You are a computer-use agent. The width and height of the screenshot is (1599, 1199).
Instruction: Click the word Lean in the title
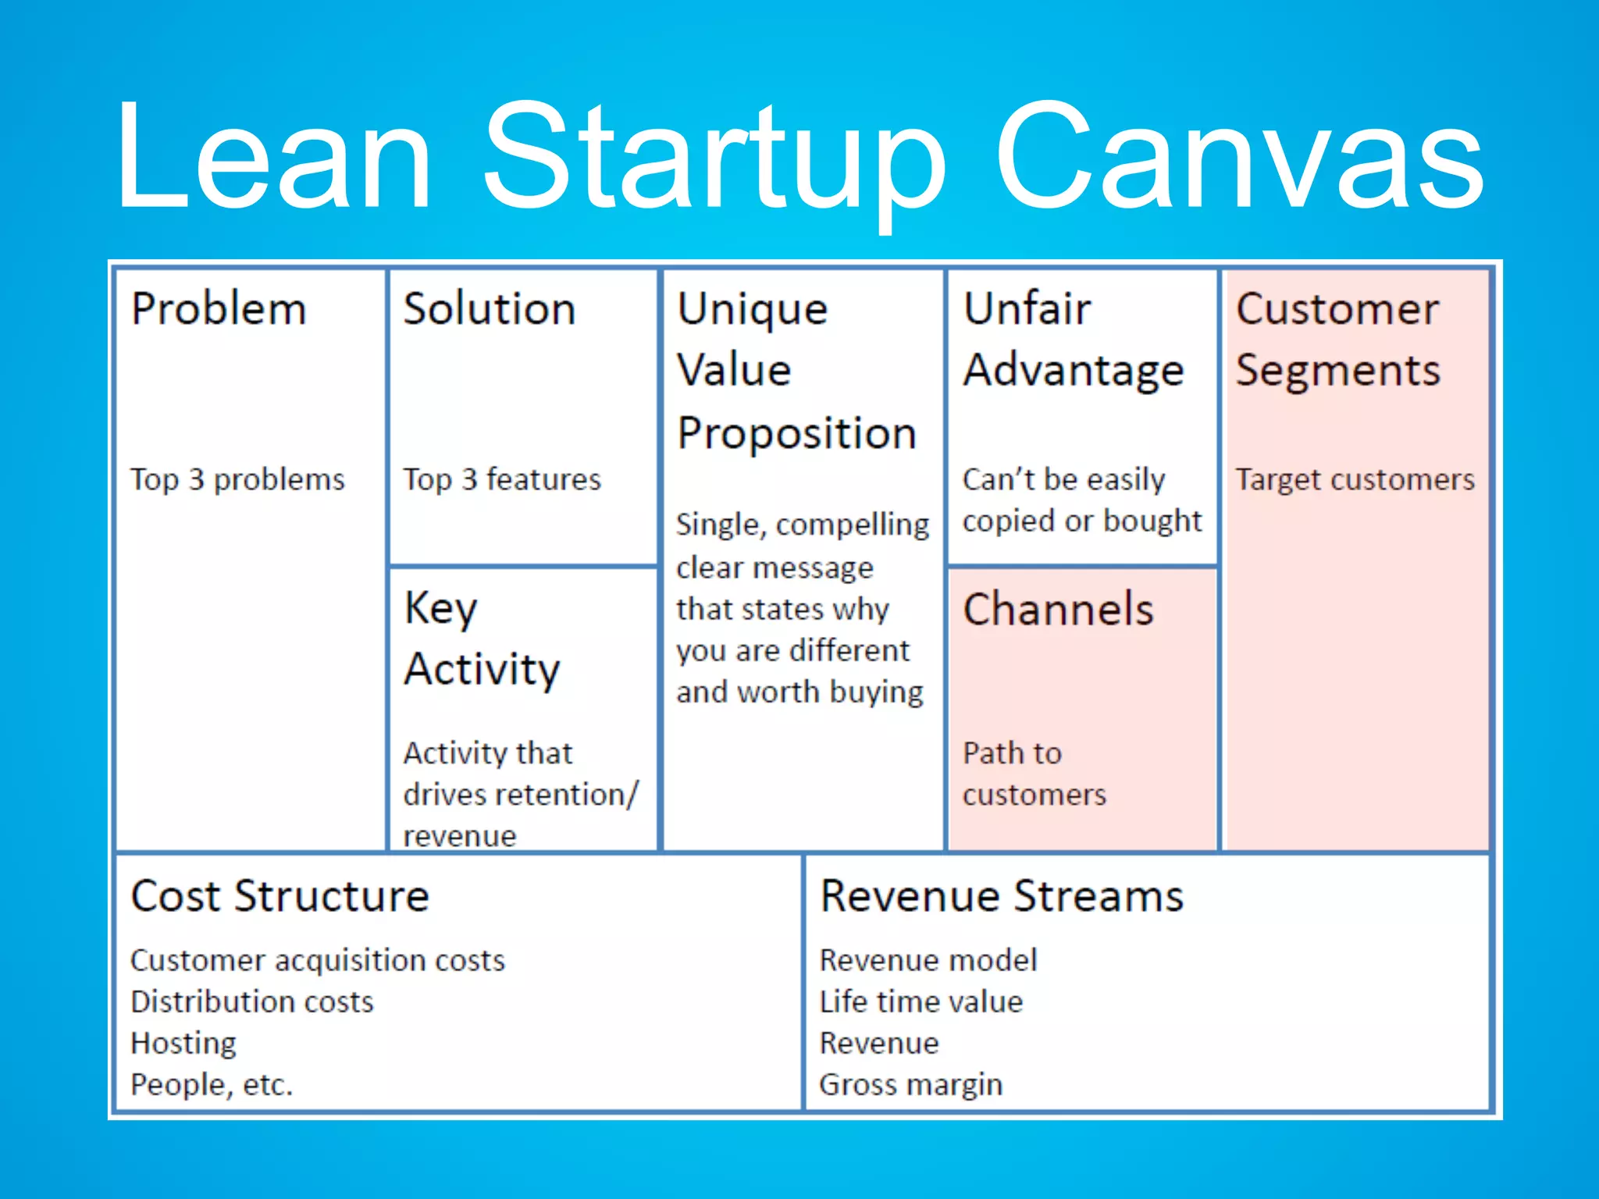pyautogui.click(x=273, y=156)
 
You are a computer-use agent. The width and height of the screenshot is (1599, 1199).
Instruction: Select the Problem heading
pyautogui.click(x=219, y=309)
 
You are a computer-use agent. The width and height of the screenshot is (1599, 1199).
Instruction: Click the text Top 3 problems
pyautogui.click(x=237, y=479)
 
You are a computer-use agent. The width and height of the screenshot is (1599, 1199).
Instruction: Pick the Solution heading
pyautogui.click(x=490, y=309)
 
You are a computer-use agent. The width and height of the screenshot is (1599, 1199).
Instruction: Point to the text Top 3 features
pyautogui.click(x=502, y=479)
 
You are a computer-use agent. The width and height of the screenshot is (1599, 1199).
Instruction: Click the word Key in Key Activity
pyautogui.click(x=440, y=609)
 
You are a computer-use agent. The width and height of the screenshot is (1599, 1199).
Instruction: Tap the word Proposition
pyautogui.click(x=796, y=434)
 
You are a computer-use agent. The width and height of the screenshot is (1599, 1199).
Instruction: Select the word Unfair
pyautogui.click(x=1027, y=309)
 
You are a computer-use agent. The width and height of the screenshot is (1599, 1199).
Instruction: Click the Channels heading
pyautogui.click(x=1058, y=610)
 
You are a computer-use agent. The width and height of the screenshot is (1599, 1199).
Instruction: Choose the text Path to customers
pyautogui.click(x=1033, y=774)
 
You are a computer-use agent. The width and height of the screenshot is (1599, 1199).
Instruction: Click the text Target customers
pyautogui.click(x=1355, y=479)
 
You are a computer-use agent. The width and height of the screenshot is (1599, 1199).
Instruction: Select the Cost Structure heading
pyautogui.click(x=280, y=896)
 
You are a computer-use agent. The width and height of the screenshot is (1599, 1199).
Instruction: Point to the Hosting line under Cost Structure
pyautogui.click(x=183, y=1044)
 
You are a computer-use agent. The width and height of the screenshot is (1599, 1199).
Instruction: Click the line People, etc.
pyautogui.click(x=211, y=1085)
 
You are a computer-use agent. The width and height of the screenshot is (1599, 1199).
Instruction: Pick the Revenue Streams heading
pyautogui.click(x=1002, y=896)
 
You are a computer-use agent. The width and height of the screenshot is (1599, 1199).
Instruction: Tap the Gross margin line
pyautogui.click(x=910, y=1085)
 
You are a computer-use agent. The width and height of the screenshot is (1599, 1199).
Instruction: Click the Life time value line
pyautogui.click(x=921, y=1002)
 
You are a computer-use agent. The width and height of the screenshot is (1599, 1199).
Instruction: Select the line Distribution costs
pyautogui.click(x=251, y=1002)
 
